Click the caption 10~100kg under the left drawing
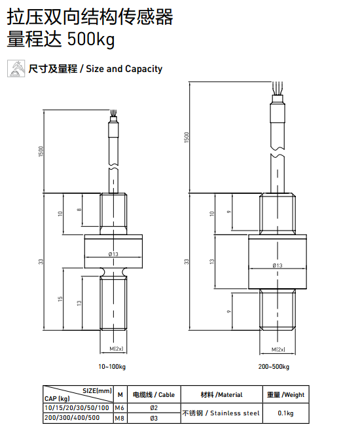[112, 366]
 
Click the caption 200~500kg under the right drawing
[274, 366]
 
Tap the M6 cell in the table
[120, 408]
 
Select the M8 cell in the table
[120, 417]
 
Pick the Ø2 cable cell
[154, 408]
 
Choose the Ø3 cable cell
[154, 417]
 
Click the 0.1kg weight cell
[285, 413]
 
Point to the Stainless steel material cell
[221, 413]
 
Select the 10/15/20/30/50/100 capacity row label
[77, 408]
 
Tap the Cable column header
[154, 395]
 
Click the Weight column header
[285, 395]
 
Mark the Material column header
[221, 395]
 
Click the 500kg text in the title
[91, 40]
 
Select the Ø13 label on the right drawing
[276, 265]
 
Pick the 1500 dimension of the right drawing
[187, 138]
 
